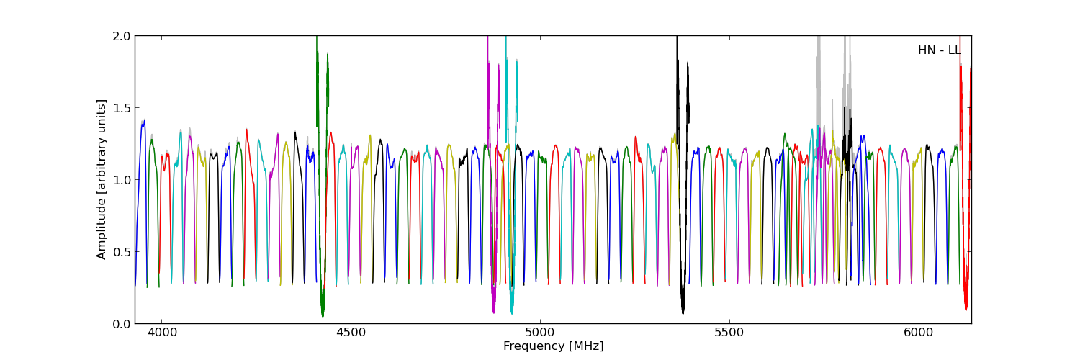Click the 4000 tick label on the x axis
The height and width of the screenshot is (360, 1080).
[161, 333]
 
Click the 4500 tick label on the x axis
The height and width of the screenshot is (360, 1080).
[351, 333]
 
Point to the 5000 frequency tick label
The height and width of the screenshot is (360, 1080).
[540, 333]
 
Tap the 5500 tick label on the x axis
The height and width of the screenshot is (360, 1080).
[729, 333]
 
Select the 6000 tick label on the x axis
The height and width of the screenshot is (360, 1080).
[919, 333]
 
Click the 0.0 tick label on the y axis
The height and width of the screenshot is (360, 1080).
[121, 323]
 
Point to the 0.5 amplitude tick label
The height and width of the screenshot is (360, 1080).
[121, 251]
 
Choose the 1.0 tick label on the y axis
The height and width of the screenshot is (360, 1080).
[121, 179]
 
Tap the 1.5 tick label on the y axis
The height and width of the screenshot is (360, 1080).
[121, 107]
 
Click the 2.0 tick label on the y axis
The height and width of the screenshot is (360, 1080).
[121, 36]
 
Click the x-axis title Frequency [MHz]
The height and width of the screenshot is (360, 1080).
[553, 346]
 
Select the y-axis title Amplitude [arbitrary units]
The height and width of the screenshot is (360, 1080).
[102, 179]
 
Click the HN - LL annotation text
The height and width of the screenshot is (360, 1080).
[939, 50]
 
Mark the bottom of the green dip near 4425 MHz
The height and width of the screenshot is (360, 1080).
[323, 315]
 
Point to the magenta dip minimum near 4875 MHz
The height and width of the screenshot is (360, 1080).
[493, 311]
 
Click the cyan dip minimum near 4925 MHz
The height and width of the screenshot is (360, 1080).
[512, 312]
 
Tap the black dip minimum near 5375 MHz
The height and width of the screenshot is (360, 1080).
[683, 312]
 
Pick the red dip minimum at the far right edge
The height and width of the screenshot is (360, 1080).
[966, 308]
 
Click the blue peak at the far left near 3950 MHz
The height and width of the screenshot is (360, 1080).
[143, 122]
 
